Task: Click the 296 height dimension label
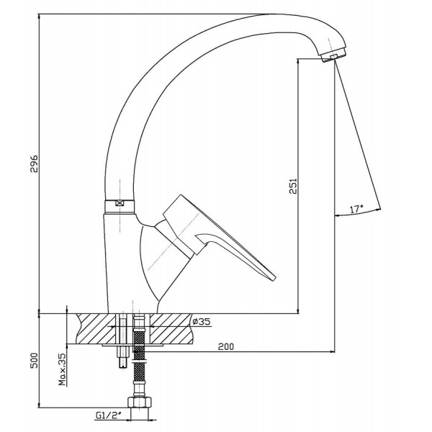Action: pos(34,163)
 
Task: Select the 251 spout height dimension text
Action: pos(293,186)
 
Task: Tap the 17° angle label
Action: pos(356,209)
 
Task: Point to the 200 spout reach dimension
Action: pos(225,346)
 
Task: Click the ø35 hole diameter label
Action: pos(201,321)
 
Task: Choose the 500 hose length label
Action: pos(34,360)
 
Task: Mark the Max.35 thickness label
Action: pos(62,369)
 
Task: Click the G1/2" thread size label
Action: pos(109,415)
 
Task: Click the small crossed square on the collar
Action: pos(120,204)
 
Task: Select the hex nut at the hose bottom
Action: pos(140,402)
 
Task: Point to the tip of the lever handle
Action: pos(274,279)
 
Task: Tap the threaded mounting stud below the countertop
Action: pos(123,356)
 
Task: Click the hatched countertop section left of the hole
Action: pos(96,328)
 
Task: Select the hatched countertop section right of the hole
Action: pos(171,328)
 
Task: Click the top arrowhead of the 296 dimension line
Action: pos(39,17)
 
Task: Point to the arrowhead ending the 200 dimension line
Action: pos(332,352)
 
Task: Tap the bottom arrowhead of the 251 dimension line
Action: pos(298,310)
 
